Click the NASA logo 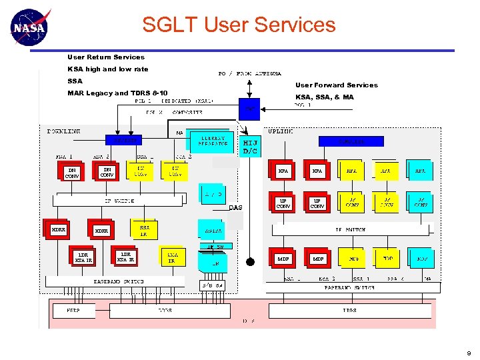pos(30,27)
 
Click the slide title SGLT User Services pos(239,25)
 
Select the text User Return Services pos(106,57)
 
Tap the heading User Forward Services pos(337,85)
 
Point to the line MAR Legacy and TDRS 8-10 pos(117,93)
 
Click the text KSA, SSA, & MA pos(325,97)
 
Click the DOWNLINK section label pos(63,131)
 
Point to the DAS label pos(235,207)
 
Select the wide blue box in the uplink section pos(351,141)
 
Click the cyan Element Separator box pos(210,140)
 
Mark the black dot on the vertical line pos(250,261)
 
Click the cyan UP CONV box pos(421,201)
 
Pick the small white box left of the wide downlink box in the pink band pos(73,311)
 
